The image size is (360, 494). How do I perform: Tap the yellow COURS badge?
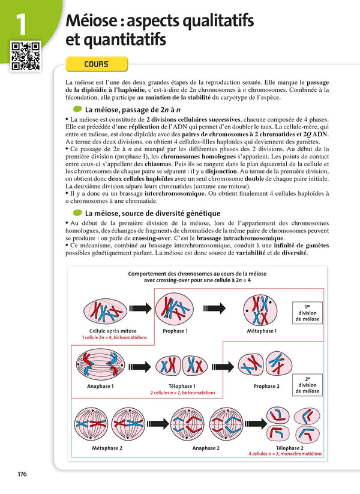click(x=96, y=64)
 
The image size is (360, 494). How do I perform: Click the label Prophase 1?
click(x=175, y=331)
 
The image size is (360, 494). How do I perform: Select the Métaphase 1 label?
click(x=262, y=331)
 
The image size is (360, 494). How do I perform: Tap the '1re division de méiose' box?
click(x=307, y=313)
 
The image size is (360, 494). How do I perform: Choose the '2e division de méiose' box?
click(x=307, y=385)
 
